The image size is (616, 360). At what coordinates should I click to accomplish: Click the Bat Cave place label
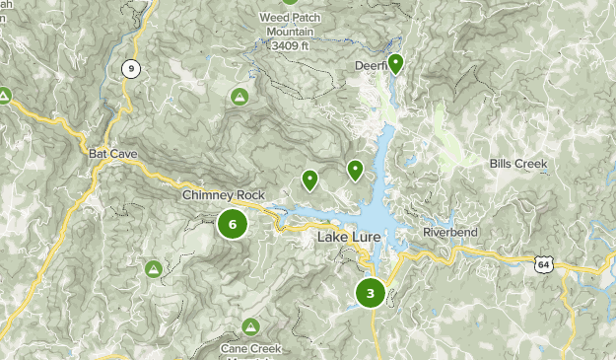click(x=112, y=154)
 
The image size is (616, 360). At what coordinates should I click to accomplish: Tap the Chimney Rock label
click(x=224, y=195)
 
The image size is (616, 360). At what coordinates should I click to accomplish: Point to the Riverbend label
click(x=450, y=232)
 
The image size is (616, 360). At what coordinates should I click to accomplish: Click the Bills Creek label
click(x=517, y=163)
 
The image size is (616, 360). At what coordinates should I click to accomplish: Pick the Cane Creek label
click(x=250, y=348)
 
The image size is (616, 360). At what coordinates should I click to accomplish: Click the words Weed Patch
click(x=292, y=17)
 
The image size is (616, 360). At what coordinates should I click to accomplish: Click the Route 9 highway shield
click(x=129, y=68)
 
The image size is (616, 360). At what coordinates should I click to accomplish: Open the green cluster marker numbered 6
click(x=233, y=225)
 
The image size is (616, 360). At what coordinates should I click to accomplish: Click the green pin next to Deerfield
click(x=395, y=64)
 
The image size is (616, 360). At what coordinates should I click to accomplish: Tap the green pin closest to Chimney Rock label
click(x=309, y=180)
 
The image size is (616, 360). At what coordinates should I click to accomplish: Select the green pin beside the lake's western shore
click(x=356, y=171)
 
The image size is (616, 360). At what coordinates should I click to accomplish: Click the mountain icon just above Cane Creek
click(x=250, y=326)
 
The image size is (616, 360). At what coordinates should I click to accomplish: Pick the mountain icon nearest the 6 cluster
click(x=154, y=268)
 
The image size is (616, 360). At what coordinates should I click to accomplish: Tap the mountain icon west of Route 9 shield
click(x=4, y=96)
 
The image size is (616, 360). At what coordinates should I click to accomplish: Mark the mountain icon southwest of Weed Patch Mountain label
click(x=239, y=97)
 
